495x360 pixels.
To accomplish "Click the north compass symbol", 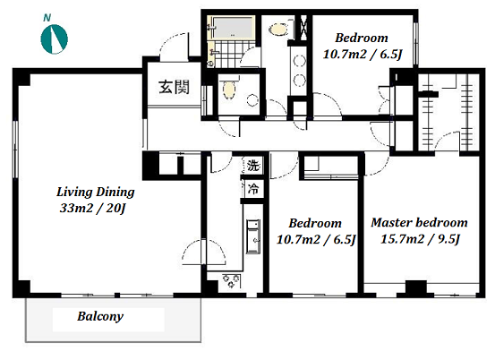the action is point(55,39).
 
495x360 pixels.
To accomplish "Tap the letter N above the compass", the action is point(47,18).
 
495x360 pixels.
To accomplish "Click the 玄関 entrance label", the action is point(174,87).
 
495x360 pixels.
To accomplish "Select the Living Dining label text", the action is point(96,192).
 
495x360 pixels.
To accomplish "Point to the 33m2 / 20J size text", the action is point(93,208).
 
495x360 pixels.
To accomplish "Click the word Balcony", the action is point(100,316).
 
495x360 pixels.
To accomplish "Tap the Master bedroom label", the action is point(419,223).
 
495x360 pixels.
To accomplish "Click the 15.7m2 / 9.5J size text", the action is point(420,239).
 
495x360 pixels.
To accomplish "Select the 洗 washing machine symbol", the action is point(253,165).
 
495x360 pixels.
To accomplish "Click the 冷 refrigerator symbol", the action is point(253,189).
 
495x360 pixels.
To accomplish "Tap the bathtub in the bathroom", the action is point(233,28).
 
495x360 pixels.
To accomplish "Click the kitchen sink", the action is point(253,236).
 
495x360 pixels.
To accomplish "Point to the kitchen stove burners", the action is point(231,280).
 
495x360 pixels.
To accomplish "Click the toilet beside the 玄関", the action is point(229,89).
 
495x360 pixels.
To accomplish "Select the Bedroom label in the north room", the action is point(362,38).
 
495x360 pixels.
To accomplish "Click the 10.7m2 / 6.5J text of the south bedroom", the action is point(316,239).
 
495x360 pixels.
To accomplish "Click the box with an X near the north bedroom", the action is point(303,27).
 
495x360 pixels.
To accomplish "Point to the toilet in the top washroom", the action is point(279,30).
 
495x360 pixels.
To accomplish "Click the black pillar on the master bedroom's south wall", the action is point(415,288).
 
